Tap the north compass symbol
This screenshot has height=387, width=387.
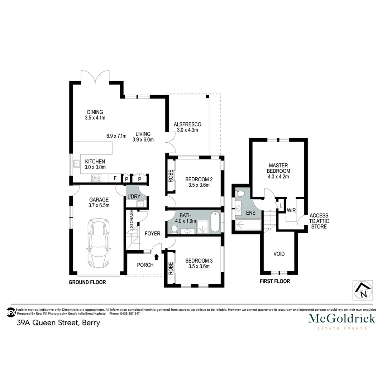pyautogui.click(x=363, y=290)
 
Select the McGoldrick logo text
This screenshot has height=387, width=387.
pyautogui.click(x=342, y=318)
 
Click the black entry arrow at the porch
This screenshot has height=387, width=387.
pyautogui.click(x=156, y=256)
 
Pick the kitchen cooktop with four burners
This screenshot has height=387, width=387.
pyautogui.click(x=97, y=178)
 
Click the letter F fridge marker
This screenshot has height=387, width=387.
pyautogui.click(x=115, y=178)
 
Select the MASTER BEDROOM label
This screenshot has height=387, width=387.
pyautogui.click(x=278, y=171)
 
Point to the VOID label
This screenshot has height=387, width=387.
pyautogui.click(x=279, y=254)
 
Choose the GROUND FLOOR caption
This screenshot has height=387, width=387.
pyautogui.click(x=87, y=282)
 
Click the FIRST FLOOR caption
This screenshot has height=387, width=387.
pyautogui.click(x=275, y=281)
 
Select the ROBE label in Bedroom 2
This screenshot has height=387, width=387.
pyautogui.click(x=171, y=176)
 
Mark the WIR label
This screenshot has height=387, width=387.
pyautogui.click(x=291, y=210)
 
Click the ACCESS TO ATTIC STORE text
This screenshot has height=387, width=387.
pyautogui.click(x=319, y=221)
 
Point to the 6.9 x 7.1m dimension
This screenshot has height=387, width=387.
pyautogui.click(x=116, y=136)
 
